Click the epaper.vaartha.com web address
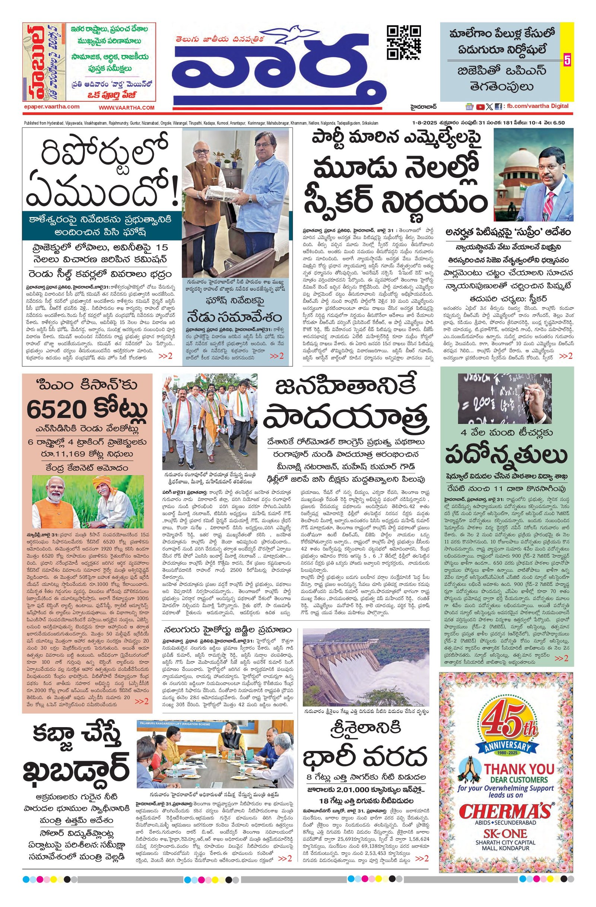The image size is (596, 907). tap(51, 107)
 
